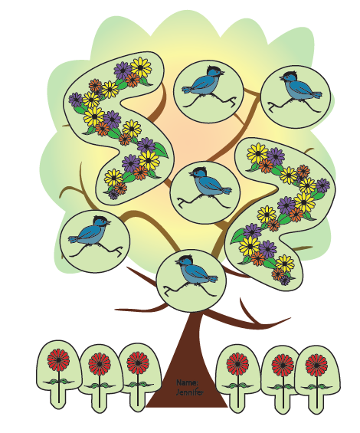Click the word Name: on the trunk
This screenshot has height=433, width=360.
pos(187,382)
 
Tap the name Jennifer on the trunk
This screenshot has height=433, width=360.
pos(190,392)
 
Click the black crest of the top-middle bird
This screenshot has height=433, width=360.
pos(214,68)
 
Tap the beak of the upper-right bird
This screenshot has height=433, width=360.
pos(281,78)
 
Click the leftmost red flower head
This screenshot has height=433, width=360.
pos(58,360)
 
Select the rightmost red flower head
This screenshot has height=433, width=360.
pos(316,366)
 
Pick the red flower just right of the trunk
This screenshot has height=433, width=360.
pos(237,365)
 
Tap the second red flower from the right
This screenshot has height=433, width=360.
pos(283,365)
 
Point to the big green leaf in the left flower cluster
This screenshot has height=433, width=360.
pos(161,149)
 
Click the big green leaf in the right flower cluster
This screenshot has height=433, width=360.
pos(237,236)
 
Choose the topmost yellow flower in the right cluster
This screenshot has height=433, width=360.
pos(257,153)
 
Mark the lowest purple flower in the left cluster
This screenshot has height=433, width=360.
pos(113,194)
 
